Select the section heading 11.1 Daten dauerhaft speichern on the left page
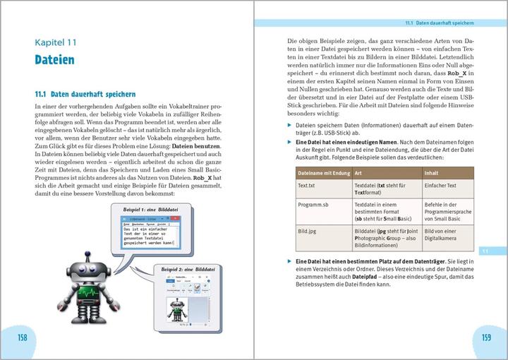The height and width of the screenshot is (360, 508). (85, 93)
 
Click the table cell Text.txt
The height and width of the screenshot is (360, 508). (306, 185)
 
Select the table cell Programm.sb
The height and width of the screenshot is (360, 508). (313, 204)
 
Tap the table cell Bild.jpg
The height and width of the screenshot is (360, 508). (308, 230)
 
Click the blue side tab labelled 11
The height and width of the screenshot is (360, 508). (485, 251)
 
